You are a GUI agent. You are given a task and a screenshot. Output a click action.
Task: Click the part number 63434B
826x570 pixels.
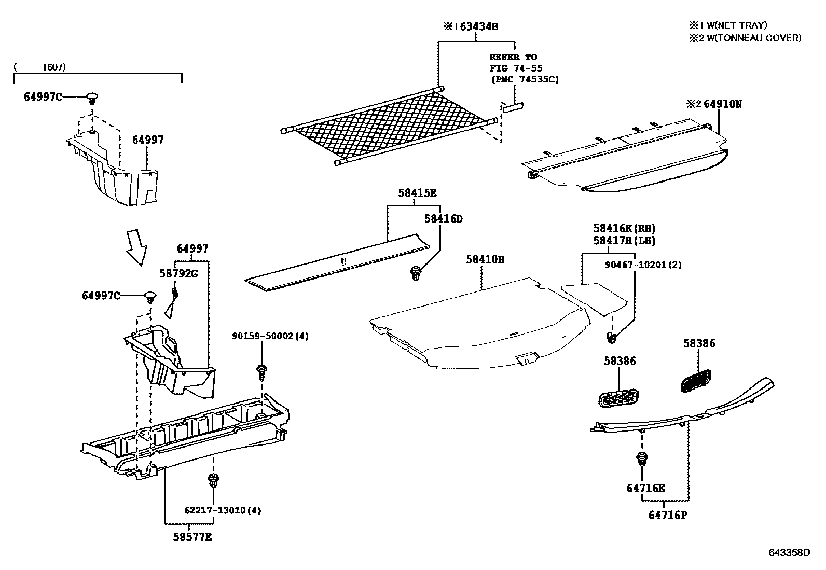479,26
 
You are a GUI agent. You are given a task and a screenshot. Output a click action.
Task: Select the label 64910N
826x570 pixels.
723,104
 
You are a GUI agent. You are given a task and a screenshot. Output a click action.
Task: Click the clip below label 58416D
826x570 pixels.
416,273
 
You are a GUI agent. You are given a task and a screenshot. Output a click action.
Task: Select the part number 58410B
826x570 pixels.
485,259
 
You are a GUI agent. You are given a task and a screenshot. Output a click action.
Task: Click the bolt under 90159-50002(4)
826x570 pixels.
261,370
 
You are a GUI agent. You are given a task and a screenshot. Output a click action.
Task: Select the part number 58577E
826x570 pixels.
192,537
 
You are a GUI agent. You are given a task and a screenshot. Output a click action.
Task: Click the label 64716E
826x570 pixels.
645,488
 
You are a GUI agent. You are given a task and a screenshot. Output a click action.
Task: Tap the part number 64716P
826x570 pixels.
667,515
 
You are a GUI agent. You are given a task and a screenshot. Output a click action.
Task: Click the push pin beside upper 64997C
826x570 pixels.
92,98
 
